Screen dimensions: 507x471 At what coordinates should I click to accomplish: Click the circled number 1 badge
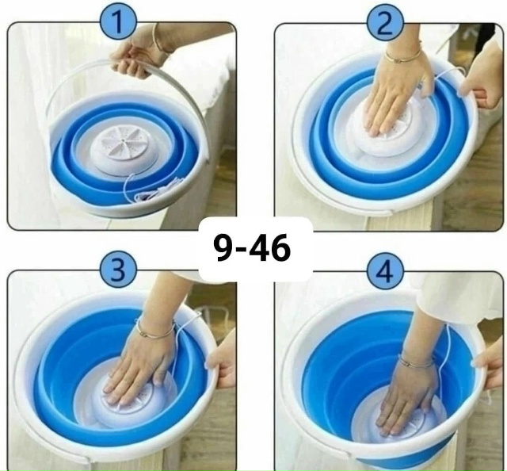[118, 22]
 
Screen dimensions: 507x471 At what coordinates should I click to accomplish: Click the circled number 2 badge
[386, 24]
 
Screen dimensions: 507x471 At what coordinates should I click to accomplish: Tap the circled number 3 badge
[119, 269]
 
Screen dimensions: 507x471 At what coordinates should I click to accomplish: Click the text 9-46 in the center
[252, 248]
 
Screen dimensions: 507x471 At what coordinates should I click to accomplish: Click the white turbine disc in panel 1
[116, 150]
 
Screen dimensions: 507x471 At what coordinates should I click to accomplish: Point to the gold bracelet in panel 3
[155, 330]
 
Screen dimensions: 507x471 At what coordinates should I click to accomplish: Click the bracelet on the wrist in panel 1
[159, 38]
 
